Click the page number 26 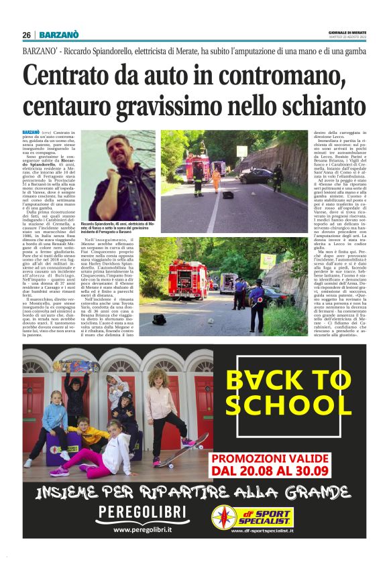point(26,34)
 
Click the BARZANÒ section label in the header point(59,34)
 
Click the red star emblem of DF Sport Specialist point(225,516)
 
